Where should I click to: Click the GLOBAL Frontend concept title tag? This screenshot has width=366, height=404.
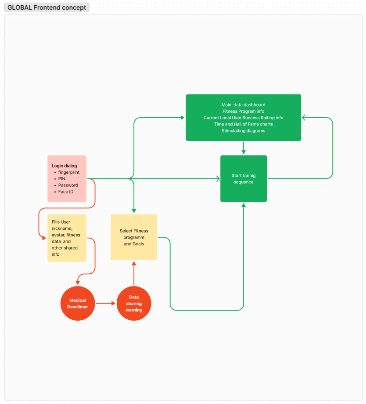(x=47, y=7)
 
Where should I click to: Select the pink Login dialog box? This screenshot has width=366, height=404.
(x=67, y=179)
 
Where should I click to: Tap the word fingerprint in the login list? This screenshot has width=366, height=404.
(x=69, y=172)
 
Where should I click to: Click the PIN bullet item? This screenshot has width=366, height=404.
(x=61, y=179)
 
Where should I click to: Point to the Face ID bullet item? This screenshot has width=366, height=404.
(x=66, y=192)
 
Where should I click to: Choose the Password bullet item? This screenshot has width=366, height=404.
(x=68, y=185)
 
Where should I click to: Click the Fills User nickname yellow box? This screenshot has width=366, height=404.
(x=67, y=238)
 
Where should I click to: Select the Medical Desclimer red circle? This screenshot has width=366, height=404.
(x=78, y=303)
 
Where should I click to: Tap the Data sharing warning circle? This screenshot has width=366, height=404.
(x=134, y=303)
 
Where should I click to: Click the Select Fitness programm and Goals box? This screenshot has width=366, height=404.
(x=134, y=237)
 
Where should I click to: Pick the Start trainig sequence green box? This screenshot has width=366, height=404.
(x=244, y=179)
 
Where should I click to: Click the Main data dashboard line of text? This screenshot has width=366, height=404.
(x=243, y=104)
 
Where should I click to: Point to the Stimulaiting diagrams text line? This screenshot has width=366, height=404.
(x=243, y=131)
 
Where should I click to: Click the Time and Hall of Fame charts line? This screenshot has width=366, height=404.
(x=243, y=124)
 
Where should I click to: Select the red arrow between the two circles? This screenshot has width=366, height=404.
(x=105, y=303)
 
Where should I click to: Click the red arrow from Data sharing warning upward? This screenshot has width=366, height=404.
(x=134, y=273)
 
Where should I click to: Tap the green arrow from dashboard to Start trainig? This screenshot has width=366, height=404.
(x=244, y=148)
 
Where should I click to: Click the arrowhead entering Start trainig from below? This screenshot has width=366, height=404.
(x=244, y=205)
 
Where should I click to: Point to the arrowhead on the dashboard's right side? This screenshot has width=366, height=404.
(x=304, y=118)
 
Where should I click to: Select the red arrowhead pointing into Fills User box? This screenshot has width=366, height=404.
(x=44, y=238)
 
